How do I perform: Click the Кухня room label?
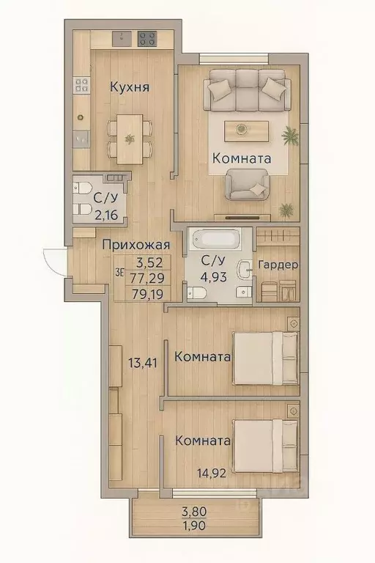[x=130, y=88]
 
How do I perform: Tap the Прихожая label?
[x=136, y=245]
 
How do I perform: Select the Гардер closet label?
[x=278, y=265]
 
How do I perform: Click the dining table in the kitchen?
[x=130, y=139]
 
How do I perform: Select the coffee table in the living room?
[x=241, y=129]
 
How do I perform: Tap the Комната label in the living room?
[x=242, y=158]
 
